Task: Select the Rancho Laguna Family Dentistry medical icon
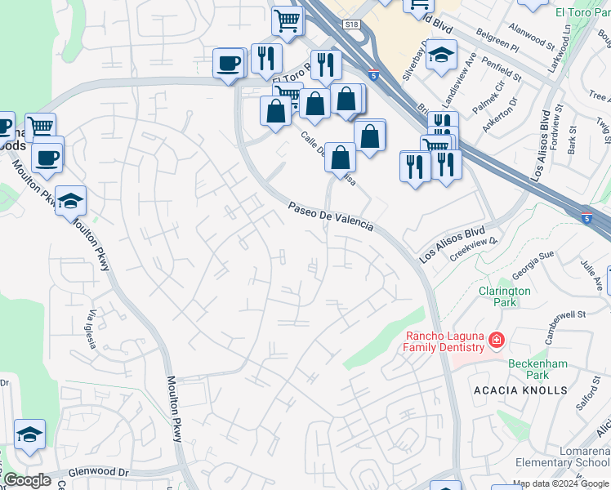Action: (495, 339)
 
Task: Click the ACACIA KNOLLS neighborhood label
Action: (520, 390)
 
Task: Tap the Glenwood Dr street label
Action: (99, 472)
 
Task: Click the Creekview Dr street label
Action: (473, 246)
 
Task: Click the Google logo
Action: (27, 480)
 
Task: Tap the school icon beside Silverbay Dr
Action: (441, 56)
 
